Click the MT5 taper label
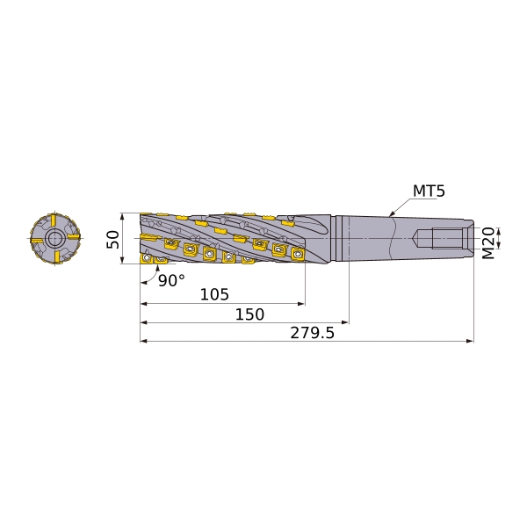429,191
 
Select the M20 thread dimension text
488,243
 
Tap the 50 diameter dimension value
113,239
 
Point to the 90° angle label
171,280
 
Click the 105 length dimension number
214,294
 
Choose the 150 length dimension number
249,314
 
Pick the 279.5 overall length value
312,333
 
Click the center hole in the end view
54,239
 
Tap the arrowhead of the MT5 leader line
391,214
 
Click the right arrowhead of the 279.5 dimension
470,341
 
